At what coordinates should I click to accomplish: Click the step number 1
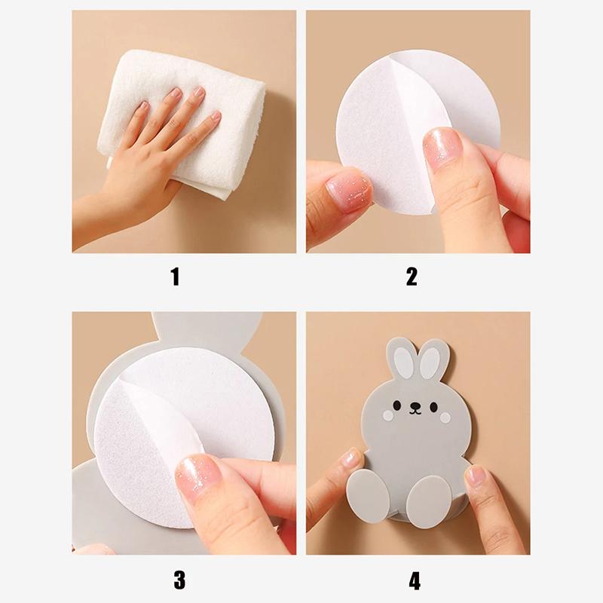point(176,277)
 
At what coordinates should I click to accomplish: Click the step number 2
point(412,277)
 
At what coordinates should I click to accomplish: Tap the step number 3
point(179,580)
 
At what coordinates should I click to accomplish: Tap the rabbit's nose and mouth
point(415,409)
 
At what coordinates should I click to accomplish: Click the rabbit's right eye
point(434,407)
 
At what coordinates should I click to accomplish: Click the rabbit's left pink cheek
point(387,415)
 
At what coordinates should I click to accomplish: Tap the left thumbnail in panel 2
point(349,192)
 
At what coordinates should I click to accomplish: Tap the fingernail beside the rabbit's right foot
point(475,475)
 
